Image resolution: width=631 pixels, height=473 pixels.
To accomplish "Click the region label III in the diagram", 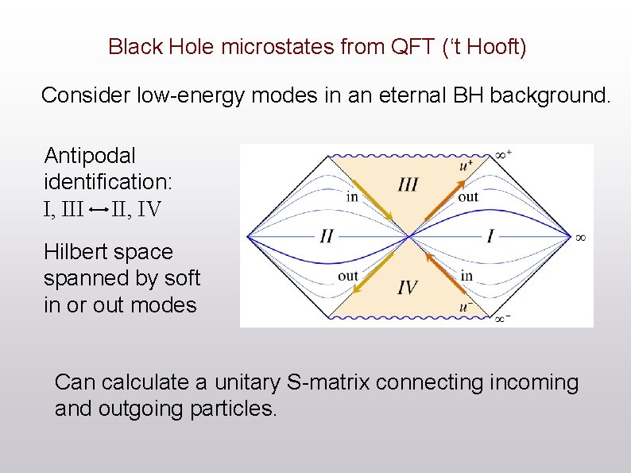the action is pos(408,184).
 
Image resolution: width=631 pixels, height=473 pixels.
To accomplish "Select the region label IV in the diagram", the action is pos(407,287).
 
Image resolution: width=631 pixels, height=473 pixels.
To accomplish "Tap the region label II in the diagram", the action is pos(327,237).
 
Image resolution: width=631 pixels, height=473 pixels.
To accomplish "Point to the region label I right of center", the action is pos(490,236).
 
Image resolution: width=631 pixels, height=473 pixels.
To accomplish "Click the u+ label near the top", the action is pos(465,165).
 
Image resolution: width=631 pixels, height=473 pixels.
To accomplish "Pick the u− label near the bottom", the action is pos(466,307).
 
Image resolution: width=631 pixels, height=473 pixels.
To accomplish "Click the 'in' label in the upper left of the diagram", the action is pos(352,196).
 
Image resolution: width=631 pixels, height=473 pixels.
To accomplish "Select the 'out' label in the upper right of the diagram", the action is pos(468,196).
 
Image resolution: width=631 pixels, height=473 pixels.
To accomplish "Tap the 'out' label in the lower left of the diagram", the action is pos(348,277).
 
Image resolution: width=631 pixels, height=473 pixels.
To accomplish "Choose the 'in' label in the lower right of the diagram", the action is pos(466,276).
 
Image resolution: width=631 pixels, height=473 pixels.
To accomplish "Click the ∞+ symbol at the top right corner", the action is pos(503,153).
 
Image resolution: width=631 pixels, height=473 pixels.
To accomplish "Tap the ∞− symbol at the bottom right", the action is pos(503,319).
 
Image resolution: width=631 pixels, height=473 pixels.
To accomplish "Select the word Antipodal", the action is pos(90,155).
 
